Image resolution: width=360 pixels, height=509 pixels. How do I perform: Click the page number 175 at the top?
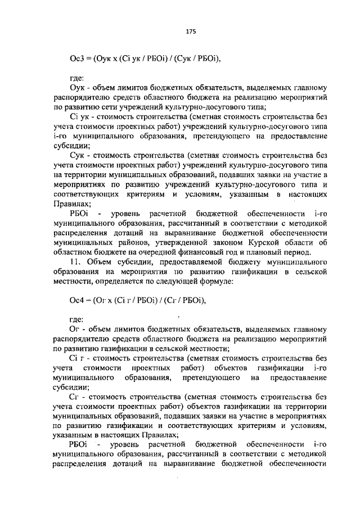point(190,32)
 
